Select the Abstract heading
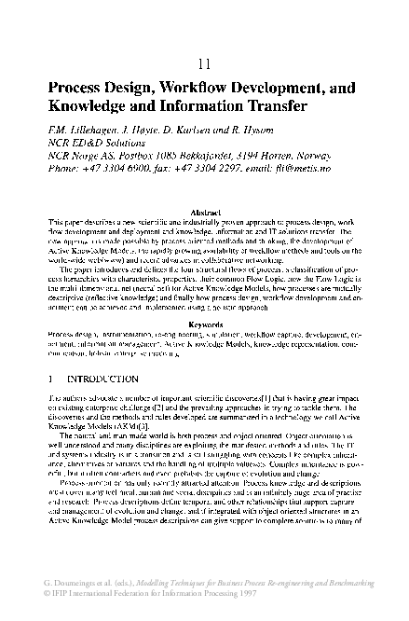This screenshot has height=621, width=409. coord(204,213)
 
